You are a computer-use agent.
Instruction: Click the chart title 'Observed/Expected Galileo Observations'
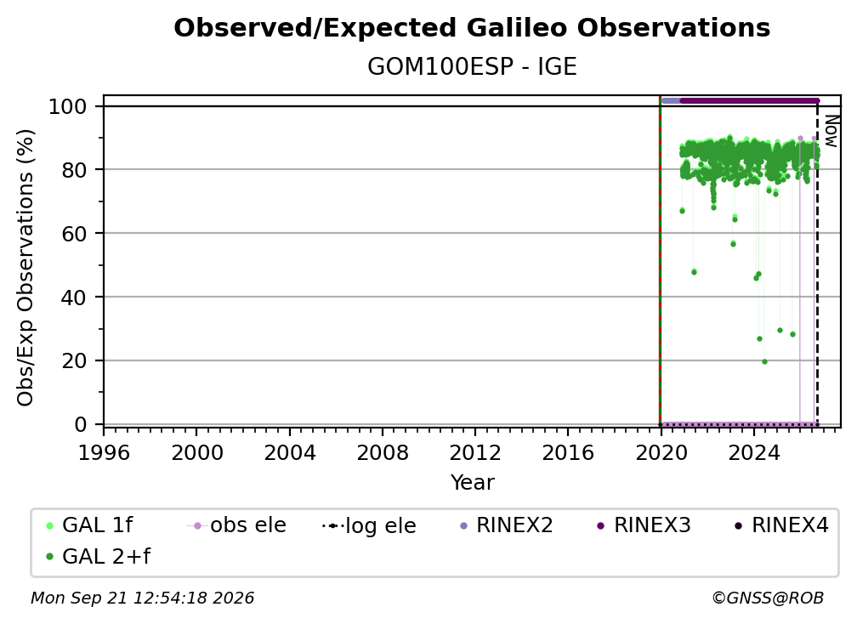[x=472, y=28]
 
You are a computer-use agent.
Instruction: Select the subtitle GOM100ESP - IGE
[x=472, y=67]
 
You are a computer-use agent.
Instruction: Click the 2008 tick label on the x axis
[x=382, y=453]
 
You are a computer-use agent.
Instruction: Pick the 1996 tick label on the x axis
[x=104, y=453]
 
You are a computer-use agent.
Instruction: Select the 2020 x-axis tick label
[x=661, y=453]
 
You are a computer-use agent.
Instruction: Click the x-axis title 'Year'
[x=472, y=483]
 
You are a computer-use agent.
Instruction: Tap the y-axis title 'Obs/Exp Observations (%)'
[x=26, y=268]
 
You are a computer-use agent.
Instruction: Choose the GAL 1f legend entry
[x=89, y=525]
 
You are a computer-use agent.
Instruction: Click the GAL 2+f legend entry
[x=99, y=557]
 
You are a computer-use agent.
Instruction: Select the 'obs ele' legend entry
[x=236, y=525]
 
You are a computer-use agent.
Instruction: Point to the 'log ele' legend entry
[x=369, y=525]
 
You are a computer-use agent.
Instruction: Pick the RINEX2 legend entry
[x=507, y=525]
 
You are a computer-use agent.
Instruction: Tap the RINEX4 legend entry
[x=781, y=525]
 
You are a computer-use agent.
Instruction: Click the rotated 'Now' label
[x=831, y=131]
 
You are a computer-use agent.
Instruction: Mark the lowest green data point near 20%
[x=764, y=361]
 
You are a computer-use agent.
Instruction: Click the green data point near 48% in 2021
[x=694, y=271]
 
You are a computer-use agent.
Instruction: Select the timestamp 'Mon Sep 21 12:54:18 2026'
[x=142, y=598]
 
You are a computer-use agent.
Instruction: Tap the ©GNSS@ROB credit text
[x=768, y=598]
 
